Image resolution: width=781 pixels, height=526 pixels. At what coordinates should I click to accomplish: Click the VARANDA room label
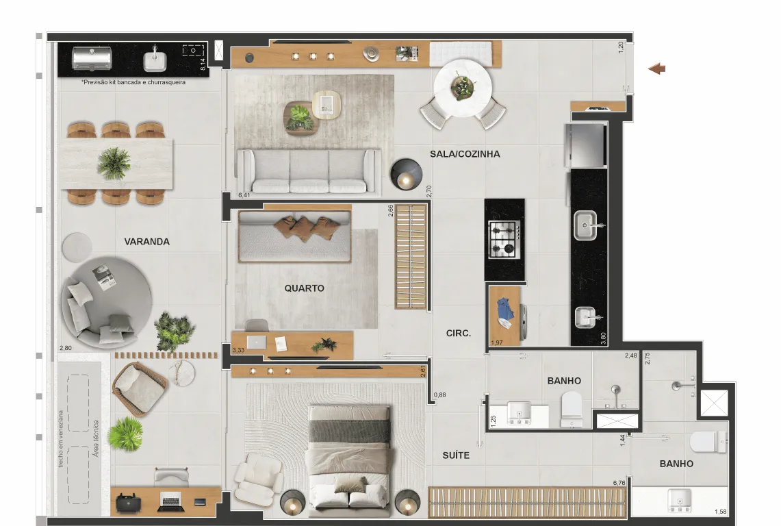[147, 242]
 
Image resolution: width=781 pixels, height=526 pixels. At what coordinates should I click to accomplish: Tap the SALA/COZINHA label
[465, 154]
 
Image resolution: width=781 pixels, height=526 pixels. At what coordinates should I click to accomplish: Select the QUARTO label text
[305, 288]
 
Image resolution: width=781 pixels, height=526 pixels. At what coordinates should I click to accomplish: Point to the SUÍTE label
[456, 455]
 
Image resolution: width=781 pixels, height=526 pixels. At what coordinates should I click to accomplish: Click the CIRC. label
[458, 333]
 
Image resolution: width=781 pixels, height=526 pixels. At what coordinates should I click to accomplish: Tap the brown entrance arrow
[656, 68]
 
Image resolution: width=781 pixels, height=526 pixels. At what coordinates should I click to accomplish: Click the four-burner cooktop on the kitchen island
[504, 240]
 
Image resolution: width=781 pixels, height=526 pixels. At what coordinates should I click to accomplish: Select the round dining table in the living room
[463, 88]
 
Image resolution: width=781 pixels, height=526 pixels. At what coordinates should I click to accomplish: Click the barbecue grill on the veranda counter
[92, 59]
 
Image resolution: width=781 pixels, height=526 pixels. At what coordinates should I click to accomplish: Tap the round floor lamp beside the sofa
[406, 175]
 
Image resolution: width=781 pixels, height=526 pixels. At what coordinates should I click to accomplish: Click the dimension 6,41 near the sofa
[244, 195]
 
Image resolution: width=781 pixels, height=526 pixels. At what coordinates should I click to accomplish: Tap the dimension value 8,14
[203, 64]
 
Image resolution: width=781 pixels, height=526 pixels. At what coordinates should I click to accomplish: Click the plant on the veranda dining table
[114, 163]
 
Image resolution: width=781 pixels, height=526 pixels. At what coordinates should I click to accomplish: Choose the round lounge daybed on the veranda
[107, 303]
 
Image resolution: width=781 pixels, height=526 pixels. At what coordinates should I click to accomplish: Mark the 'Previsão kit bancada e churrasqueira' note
[133, 82]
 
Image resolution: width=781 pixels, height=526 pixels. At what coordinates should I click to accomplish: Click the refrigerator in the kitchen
[586, 146]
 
